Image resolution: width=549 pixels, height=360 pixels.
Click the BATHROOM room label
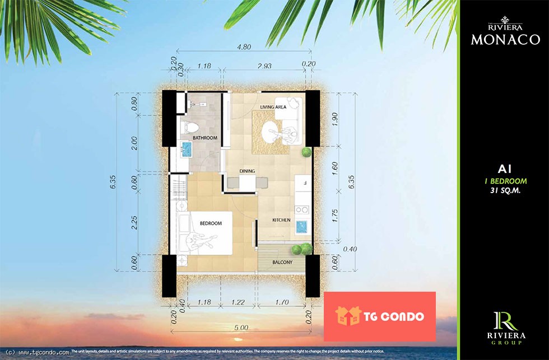pyautogui.click(x=205, y=138)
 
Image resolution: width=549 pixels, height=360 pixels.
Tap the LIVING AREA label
pyautogui.click(x=273, y=107)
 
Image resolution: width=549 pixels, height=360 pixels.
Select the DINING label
pyautogui.click(x=247, y=171)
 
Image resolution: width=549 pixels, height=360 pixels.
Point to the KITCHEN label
pyautogui.click(x=281, y=220)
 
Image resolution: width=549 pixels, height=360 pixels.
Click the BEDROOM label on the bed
pyautogui.click(x=211, y=223)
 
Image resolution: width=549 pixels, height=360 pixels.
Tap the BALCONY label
pyautogui.click(x=282, y=262)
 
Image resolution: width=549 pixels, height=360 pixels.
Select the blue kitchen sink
pyautogui.click(x=301, y=227)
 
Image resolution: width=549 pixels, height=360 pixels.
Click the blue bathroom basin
pyautogui.click(x=187, y=149)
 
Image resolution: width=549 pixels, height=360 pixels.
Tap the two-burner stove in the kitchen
pyautogui.click(x=302, y=210)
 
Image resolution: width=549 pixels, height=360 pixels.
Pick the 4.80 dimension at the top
pyautogui.click(x=244, y=46)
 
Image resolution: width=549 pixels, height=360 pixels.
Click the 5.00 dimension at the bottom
pyautogui.click(x=241, y=328)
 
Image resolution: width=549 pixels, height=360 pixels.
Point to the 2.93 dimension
pyautogui.click(x=264, y=66)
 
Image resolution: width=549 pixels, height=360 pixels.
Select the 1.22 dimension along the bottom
pyautogui.click(x=238, y=302)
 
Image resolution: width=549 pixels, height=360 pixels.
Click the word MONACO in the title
pyautogui.click(x=505, y=40)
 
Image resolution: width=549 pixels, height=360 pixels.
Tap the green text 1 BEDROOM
pyautogui.click(x=505, y=181)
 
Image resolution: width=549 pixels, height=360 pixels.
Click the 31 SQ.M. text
pyautogui.click(x=505, y=191)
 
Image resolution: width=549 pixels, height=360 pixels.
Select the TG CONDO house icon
pyautogui.click(x=348, y=316)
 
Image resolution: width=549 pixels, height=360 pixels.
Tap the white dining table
pyautogui.click(x=247, y=183)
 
